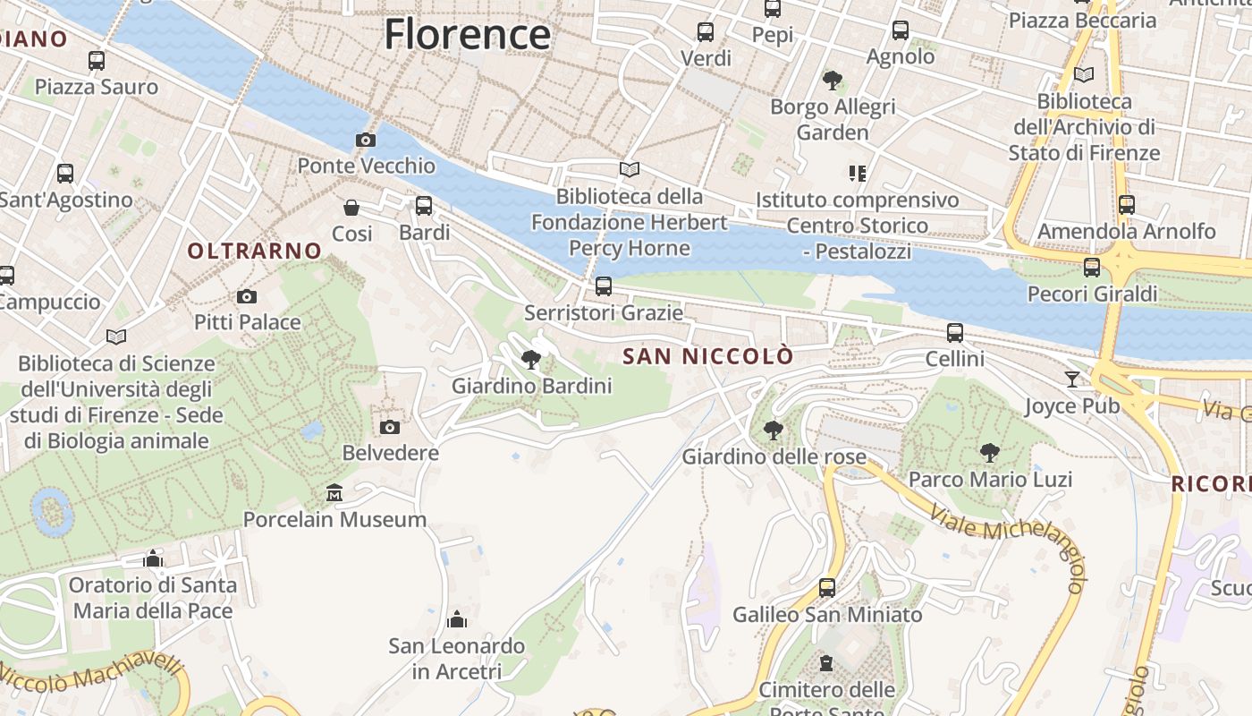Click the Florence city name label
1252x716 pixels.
point(467,34)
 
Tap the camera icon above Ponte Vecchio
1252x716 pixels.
point(366,140)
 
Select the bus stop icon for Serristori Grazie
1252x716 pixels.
point(604,286)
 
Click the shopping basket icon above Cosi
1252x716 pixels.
point(351,208)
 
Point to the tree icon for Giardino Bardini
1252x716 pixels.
point(531,360)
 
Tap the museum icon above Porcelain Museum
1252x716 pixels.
point(334,493)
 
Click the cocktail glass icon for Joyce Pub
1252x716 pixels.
point(1071,379)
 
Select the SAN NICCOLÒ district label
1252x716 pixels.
point(707,356)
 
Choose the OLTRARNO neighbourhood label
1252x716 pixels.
point(254,251)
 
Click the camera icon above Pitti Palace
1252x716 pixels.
point(247,296)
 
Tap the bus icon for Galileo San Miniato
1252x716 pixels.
point(827,588)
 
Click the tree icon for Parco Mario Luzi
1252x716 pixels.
point(989,453)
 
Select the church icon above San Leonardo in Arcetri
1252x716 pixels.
point(457,619)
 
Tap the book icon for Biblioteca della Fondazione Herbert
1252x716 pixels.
point(630,169)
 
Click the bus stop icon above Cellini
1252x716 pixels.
point(955,333)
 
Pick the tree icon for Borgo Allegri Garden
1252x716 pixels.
point(833,81)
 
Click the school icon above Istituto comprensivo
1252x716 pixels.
point(858,173)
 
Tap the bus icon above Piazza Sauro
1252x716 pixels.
point(97,61)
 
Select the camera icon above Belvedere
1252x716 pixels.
point(390,427)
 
